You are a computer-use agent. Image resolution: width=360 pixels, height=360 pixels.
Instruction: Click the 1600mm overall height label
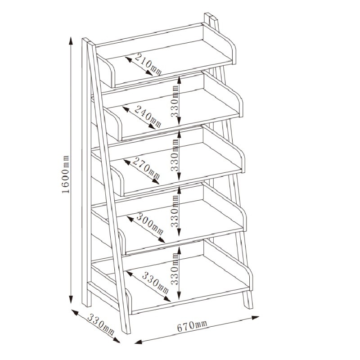tap(66, 175)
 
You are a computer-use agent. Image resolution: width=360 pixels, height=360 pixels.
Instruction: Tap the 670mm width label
tap(192, 326)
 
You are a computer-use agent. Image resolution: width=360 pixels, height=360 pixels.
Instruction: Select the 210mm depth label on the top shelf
tap(148, 64)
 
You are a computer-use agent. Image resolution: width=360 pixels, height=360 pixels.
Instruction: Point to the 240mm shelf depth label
tap(148, 117)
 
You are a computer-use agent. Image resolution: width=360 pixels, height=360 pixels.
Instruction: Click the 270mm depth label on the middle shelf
tap(146, 168)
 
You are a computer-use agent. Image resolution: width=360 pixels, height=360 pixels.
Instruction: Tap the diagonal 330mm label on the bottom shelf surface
tap(155, 283)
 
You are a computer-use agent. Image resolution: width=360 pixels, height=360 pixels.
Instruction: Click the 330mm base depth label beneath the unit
tap(101, 325)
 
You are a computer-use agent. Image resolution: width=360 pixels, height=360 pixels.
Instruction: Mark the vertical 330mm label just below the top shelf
tap(175, 101)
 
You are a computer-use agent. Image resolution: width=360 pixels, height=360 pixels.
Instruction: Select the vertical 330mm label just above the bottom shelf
tap(175, 269)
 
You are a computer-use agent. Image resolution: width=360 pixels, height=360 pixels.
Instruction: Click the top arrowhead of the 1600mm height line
tap(71, 40)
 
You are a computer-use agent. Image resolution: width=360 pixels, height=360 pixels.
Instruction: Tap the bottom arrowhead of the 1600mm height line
tap(71, 299)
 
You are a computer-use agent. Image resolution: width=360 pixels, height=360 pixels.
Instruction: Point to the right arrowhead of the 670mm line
tap(255, 318)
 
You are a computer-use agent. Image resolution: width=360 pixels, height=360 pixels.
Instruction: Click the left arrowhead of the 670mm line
tap(139, 342)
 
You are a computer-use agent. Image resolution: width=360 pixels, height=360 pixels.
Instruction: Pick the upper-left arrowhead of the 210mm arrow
tap(128, 59)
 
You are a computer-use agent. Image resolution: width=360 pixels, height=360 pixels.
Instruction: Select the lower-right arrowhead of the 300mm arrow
tap(162, 240)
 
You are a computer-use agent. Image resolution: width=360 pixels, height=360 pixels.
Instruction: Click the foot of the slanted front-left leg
tap(126, 332)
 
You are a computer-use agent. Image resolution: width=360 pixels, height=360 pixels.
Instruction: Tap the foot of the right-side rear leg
tap(249, 306)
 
